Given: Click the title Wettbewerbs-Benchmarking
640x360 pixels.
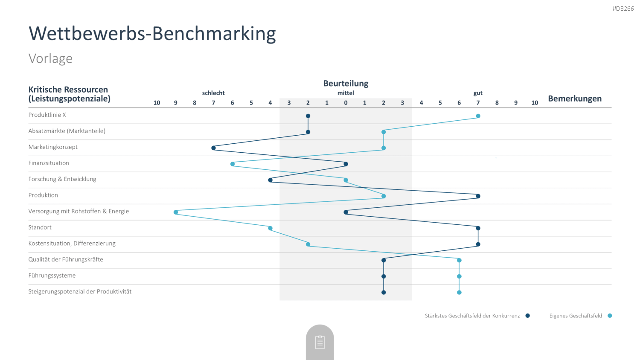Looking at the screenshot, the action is pyautogui.click(x=152, y=34).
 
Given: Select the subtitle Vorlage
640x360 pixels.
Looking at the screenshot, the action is pyautogui.click(x=50, y=58).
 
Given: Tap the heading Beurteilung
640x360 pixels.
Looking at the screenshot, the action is pyautogui.click(x=346, y=84).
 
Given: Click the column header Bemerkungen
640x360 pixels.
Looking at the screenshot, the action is pyautogui.click(x=575, y=99).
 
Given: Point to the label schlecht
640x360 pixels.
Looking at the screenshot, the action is pyautogui.click(x=213, y=93).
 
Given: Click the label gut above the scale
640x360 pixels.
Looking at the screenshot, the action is pyautogui.click(x=478, y=93).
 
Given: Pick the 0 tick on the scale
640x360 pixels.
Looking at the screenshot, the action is pyautogui.click(x=346, y=103).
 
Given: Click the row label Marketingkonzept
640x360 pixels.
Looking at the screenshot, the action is pyautogui.click(x=53, y=147).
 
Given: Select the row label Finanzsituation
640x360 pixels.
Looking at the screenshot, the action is pyautogui.click(x=49, y=163).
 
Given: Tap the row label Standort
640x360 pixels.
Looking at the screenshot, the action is pyautogui.click(x=40, y=227).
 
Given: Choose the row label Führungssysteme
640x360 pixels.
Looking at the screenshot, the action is pyautogui.click(x=52, y=276).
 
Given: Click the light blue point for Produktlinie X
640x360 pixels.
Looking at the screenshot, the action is pyautogui.click(x=478, y=116).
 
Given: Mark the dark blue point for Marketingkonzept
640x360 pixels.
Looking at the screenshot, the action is pyautogui.click(x=213, y=148).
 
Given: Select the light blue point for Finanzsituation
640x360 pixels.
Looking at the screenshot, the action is pyautogui.click(x=233, y=164).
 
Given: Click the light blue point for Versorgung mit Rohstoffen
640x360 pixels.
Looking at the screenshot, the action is pyautogui.click(x=176, y=212).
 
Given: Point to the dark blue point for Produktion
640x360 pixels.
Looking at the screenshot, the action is pyautogui.click(x=478, y=196).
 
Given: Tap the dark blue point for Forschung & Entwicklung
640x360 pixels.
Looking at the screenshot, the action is pyautogui.click(x=270, y=180).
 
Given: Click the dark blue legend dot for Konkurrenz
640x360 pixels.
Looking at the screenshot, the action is pyautogui.click(x=528, y=316).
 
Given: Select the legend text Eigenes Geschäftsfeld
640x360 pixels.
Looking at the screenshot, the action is pyautogui.click(x=576, y=316).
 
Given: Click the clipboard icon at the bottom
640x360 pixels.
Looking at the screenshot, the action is pyautogui.click(x=320, y=342).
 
